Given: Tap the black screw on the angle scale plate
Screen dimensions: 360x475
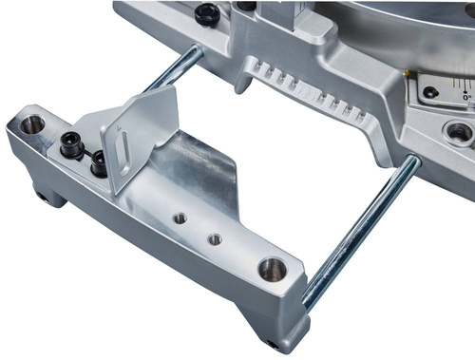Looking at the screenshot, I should click(x=430, y=92).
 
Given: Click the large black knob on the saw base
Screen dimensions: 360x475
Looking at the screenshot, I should click(x=205, y=14).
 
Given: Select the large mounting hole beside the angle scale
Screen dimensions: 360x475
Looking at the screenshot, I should click(x=461, y=132).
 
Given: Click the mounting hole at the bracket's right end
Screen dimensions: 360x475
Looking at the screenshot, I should click(x=272, y=269).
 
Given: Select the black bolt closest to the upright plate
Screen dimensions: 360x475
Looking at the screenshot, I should click(x=98, y=165).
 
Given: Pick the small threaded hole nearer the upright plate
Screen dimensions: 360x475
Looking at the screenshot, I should click(x=180, y=218).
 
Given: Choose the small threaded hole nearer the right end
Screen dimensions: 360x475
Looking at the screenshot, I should click(x=216, y=239).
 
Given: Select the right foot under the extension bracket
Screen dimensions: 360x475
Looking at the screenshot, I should click(x=275, y=342).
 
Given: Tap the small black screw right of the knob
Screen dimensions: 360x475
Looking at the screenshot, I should click(x=246, y=6).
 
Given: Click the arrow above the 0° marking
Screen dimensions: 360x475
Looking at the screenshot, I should click(x=464, y=85).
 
